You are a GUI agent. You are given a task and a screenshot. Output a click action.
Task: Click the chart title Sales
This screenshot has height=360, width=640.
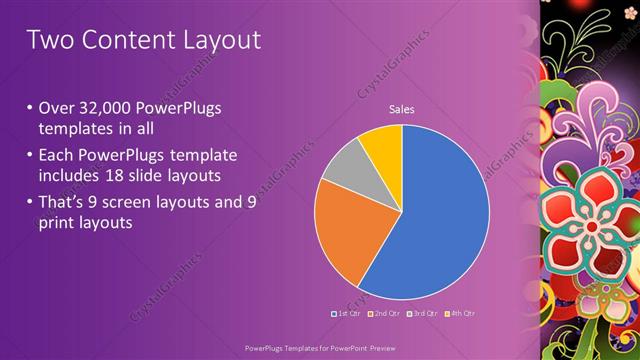coord(401,110)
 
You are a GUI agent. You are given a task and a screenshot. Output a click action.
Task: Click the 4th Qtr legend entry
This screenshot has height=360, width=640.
coord(459,314)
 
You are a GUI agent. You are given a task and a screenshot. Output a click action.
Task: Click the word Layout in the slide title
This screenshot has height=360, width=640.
coord(218,40)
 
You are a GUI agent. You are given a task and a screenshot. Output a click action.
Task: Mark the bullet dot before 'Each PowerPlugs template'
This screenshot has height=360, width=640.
coord(30,154)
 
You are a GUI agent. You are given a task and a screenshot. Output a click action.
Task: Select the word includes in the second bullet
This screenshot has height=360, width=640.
coord(76,176)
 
